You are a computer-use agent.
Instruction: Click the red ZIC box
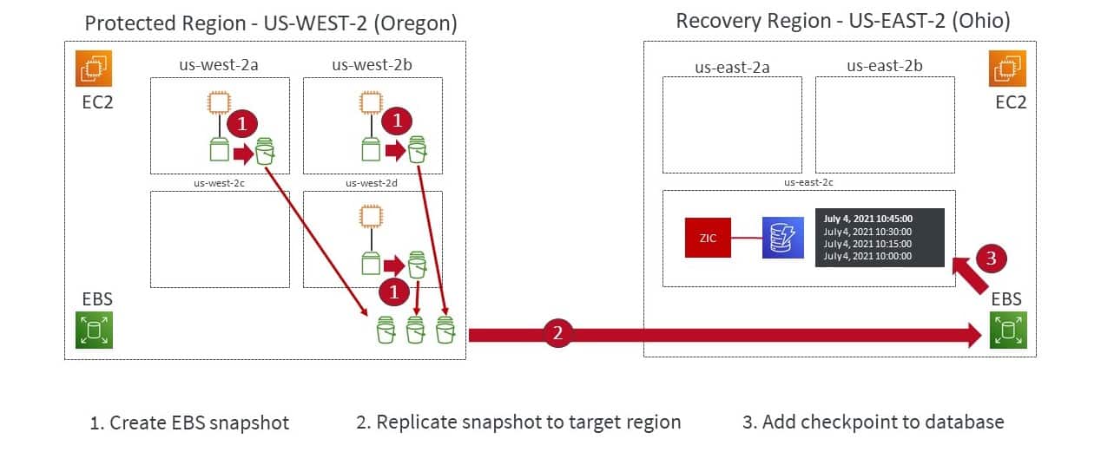[x=708, y=238]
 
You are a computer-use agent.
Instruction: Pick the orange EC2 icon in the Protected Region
[x=94, y=68]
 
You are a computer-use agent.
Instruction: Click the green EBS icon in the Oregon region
[x=94, y=331]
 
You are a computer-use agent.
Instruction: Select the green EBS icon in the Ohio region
[x=1008, y=331]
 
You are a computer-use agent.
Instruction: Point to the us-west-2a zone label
[x=220, y=65]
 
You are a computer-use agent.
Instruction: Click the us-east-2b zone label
[x=884, y=65]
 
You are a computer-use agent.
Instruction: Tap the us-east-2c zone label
[x=808, y=183]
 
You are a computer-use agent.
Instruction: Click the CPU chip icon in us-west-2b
[x=372, y=103]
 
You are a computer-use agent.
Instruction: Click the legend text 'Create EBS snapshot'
[x=189, y=423]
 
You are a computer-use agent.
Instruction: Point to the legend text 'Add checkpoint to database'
[x=873, y=423]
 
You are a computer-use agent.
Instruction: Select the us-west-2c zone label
[x=221, y=183]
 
